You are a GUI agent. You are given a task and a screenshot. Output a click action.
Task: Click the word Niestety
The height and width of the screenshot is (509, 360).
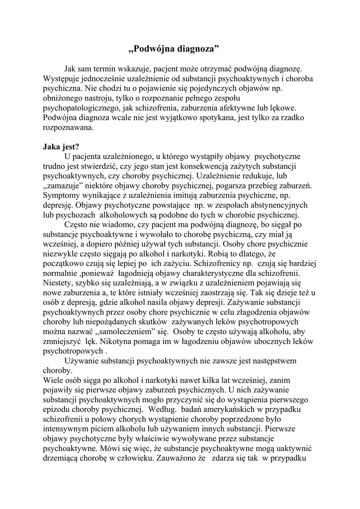pyautogui.click(x=59, y=283)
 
